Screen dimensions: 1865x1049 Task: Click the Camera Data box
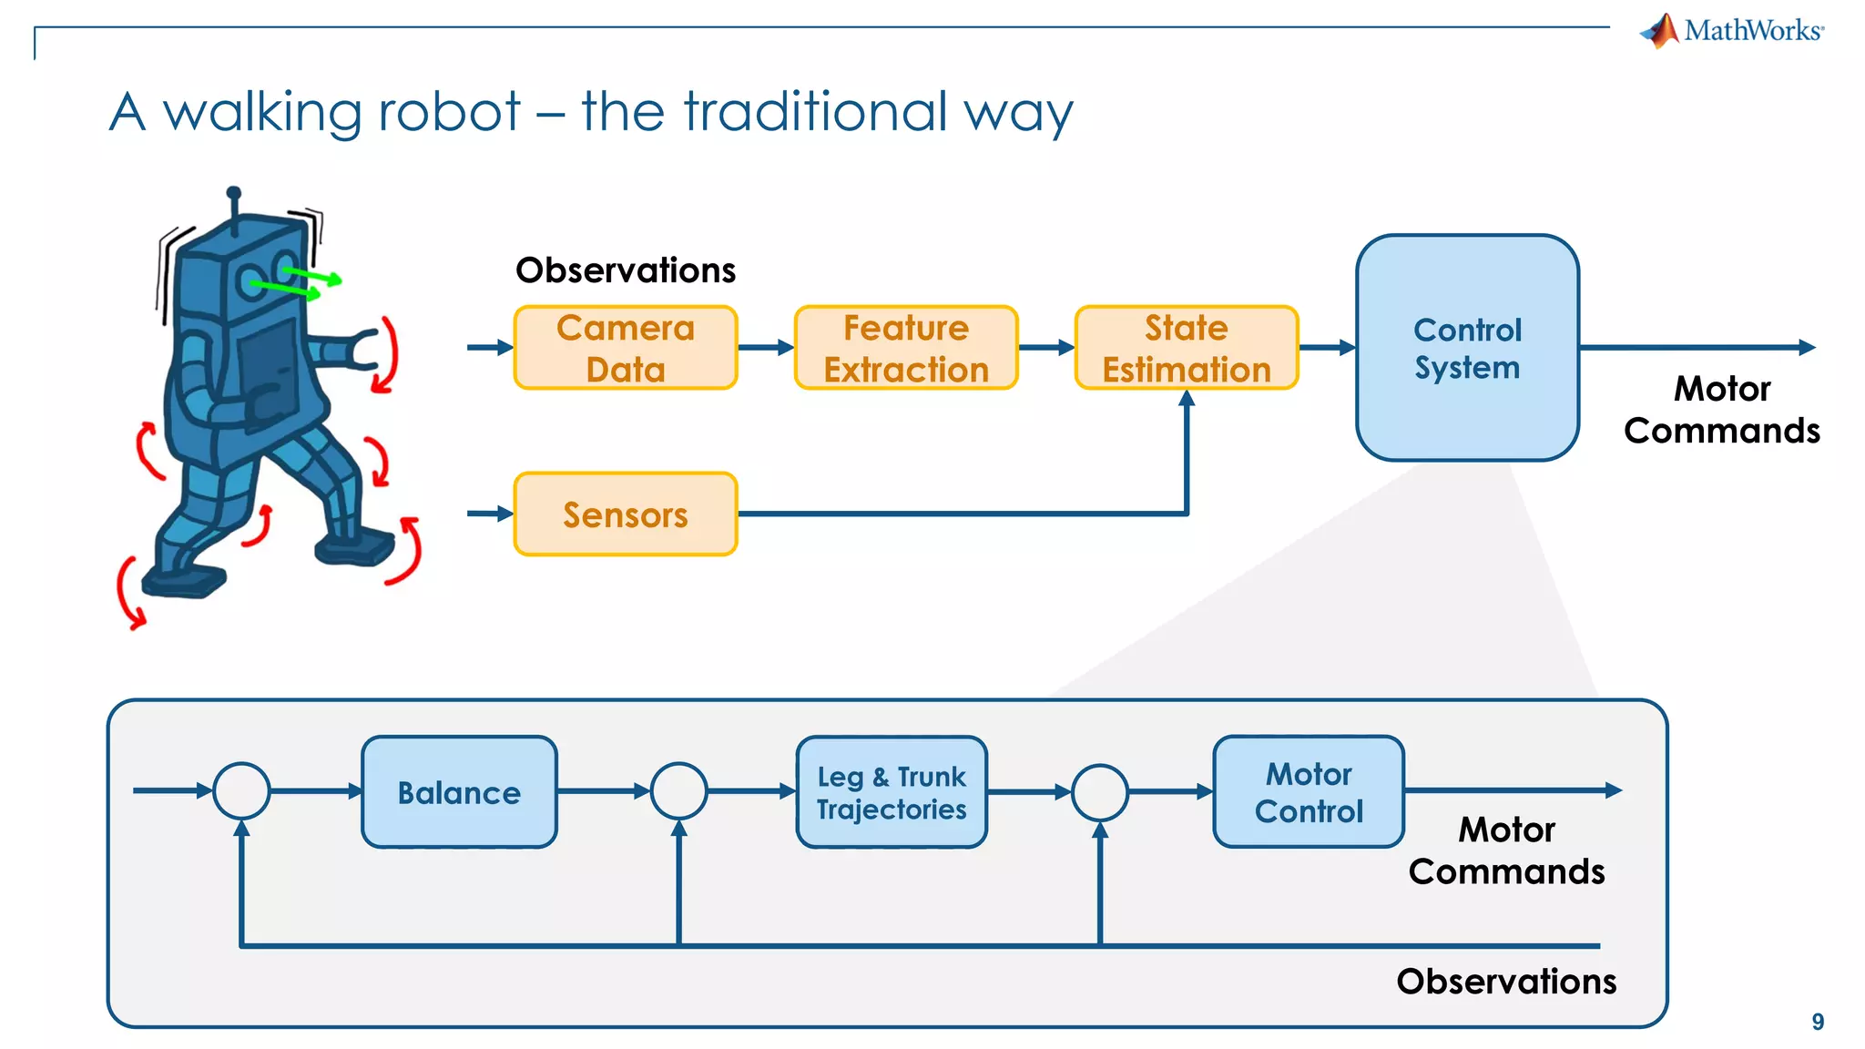[626, 348]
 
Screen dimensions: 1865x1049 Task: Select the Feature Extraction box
[906, 348]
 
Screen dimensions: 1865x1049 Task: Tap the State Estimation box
[1187, 348]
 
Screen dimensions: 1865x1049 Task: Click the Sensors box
[626, 514]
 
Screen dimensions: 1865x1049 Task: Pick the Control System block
[1467, 348]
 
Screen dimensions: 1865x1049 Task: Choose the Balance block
[459, 792]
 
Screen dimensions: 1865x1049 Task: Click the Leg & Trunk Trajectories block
[892, 792]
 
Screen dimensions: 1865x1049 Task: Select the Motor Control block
[1309, 792]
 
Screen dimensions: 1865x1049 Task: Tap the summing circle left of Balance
[241, 790]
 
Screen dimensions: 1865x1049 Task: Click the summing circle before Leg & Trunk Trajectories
[679, 790]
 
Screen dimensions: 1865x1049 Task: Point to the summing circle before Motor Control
[1100, 792]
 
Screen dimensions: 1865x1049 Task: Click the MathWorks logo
[1732, 31]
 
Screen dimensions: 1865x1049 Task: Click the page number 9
[1818, 1022]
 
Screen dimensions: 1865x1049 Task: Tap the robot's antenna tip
[234, 193]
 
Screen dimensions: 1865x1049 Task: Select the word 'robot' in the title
[449, 112]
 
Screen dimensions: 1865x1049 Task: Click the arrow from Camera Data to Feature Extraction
[766, 348]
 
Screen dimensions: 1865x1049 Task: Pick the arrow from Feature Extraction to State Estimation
[1046, 348]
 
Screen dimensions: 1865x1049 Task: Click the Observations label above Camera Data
[626, 270]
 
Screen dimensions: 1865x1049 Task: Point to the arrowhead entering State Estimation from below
[1187, 398]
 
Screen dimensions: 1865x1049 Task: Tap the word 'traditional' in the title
[817, 112]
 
